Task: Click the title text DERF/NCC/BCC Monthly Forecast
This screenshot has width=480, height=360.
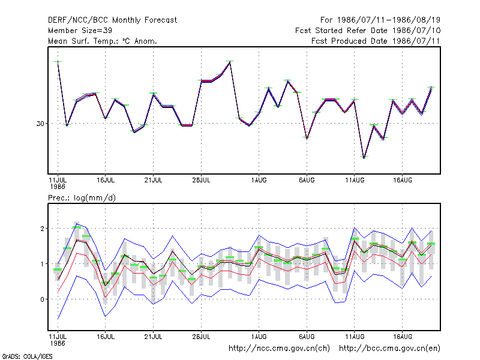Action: tap(112, 20)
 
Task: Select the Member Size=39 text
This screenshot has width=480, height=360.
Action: tap(80, 31)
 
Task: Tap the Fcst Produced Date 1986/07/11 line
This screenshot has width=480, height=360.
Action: tap(376, 41)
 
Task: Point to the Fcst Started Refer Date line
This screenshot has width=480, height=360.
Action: tap(368, 31)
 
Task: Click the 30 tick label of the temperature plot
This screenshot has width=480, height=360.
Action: tap(40, 124)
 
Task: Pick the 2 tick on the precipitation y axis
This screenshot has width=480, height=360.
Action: tap(42, 229)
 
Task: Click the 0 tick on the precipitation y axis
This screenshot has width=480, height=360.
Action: tap(42, 299)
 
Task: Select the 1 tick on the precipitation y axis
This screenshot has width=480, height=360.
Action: tap(43, 264)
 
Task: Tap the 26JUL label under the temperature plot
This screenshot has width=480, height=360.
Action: tap(201, 180)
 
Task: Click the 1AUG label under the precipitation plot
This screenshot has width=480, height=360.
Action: tap(259, 337)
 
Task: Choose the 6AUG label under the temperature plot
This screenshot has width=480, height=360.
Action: tap(307, 180)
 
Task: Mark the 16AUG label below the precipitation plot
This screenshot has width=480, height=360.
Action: tap(402, 337)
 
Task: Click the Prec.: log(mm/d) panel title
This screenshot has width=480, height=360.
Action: tap(82, 198)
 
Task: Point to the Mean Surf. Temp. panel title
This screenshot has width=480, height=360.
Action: tap(102, 41)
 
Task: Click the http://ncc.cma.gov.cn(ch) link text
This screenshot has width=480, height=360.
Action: tap(279, 349)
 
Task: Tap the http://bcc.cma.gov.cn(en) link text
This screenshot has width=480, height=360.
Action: tap(389, 349)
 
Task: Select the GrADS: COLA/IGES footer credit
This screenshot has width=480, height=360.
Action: tap(27, 356)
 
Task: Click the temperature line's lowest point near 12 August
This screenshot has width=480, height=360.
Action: tap(364, 157)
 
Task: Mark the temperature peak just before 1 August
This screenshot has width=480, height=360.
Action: tap(230, 62)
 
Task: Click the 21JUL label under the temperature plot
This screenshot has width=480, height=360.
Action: tap(153, 180)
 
